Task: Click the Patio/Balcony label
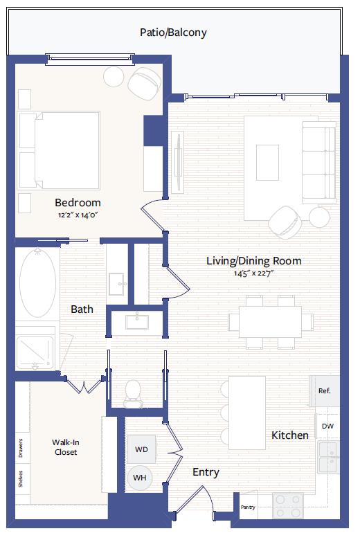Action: pos(173,33)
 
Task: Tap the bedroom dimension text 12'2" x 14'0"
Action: pos(78,215)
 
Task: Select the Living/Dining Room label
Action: pos(254,261)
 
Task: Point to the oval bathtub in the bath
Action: pos(37,283)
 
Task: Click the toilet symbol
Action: pos(132,392)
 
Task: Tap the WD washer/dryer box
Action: pos(141,449)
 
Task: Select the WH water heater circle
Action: pos(140,478)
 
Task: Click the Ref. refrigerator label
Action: pos(324,391)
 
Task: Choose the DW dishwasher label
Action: pos(327,426)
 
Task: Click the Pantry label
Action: pos(248,507)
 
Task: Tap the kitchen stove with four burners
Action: pos(288,505)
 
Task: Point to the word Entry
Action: pos(206,472)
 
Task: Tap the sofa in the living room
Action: pos(317,161)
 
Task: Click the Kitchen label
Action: pos(289,435)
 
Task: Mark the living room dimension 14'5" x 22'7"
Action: pos(254,274)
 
